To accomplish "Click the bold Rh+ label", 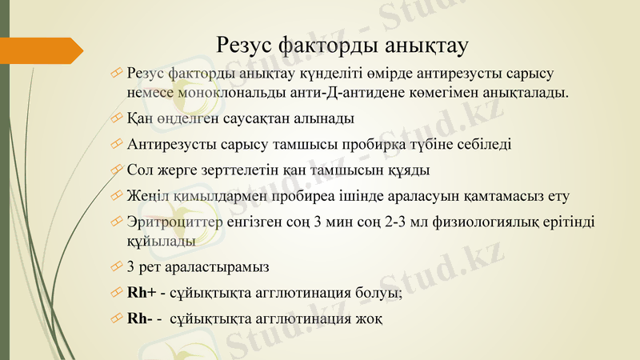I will [x=142, y=293].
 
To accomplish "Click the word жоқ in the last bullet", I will [x=367, y=318].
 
